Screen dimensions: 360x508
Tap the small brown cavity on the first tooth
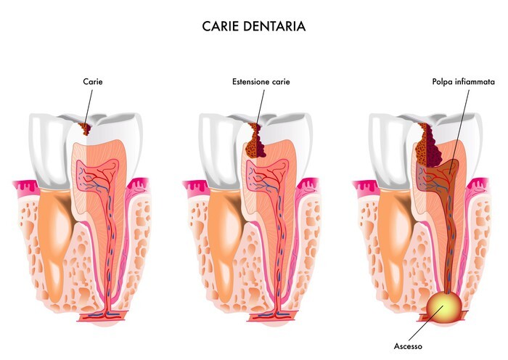coord(85,129)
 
